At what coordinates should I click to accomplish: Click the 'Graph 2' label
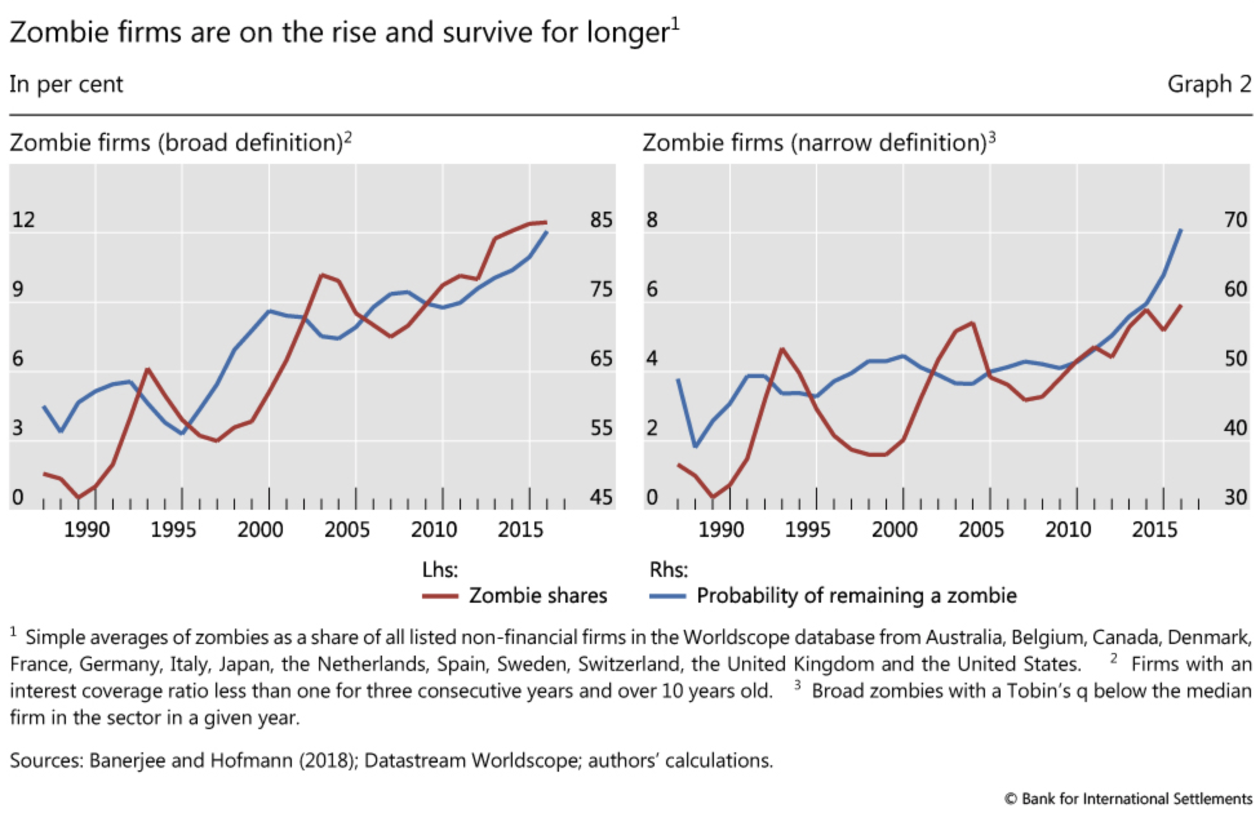coord(1209,85)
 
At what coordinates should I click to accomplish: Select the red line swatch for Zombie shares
coord(440,596)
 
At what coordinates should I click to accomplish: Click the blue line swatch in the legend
coord(667,596)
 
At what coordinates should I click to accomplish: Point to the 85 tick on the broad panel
coord(601,220)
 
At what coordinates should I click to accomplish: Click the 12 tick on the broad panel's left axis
coord(23,220)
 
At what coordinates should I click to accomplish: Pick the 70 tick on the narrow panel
coord(1235,220)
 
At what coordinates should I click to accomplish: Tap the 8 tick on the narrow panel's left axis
coord(652,220)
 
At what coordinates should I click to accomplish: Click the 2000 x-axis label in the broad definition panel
coord(259,530)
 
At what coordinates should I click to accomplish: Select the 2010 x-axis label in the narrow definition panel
coord(1068,530)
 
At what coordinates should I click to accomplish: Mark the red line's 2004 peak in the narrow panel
coord(972,323)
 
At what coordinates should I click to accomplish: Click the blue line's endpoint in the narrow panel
coord(1181,230)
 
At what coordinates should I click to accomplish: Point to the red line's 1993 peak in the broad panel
coord(148,369)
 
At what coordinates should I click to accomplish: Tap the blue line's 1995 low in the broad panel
coord(182,434)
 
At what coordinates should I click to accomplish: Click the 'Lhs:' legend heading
coord(440,570)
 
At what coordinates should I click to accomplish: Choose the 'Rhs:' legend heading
coord(668,570)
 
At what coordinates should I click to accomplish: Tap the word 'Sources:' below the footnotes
coord(46,761)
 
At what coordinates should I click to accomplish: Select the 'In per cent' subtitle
coord(66,85)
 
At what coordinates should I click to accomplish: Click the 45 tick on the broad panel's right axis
coord(601,497)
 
